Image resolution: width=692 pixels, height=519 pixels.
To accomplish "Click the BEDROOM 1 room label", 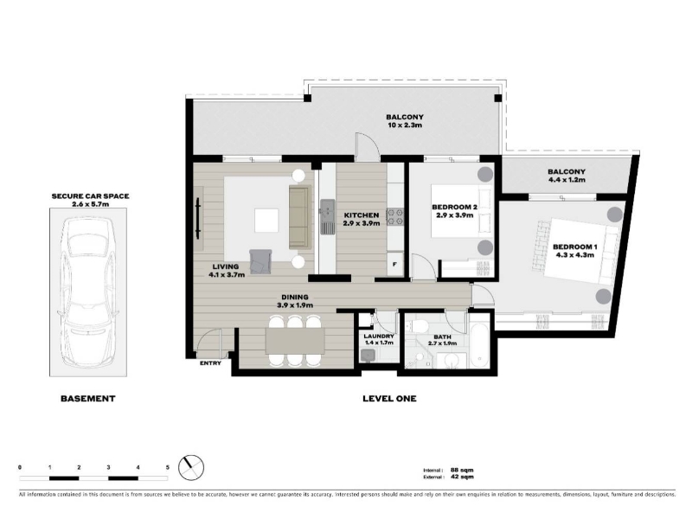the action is (x=574, y=247).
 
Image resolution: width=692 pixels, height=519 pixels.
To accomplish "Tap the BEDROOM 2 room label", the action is (x=454, y=207).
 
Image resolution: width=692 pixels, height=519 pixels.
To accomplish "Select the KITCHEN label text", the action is (x=362, y=215).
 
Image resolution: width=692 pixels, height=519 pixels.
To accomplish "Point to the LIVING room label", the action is (x=226, y=266).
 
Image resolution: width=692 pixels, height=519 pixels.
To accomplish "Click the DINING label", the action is (x=295, y=297).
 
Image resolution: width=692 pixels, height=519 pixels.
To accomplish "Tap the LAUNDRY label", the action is (x=379, y=336).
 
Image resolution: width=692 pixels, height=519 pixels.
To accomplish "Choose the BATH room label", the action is (x=442, y=336).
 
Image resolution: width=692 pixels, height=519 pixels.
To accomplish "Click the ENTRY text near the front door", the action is (x=210, y=363).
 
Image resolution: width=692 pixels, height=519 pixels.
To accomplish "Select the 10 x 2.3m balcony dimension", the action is (x=405, y=125).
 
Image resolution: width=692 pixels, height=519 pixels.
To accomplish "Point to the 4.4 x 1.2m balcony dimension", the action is (x=567, y=180).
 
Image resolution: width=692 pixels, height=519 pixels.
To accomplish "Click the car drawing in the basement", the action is (x=87, y=292).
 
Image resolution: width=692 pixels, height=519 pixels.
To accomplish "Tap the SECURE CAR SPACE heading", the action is (x=91, y=196).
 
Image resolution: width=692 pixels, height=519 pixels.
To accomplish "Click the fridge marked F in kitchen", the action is (x=395, y=264).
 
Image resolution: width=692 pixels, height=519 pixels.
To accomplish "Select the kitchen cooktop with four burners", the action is (x=395, y=217).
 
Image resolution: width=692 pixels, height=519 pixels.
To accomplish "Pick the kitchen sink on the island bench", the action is (x=327, y=216).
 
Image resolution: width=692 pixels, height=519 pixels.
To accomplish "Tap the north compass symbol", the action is (x=191, y=467).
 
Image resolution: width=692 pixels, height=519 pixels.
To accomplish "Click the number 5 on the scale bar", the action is (x=167, y=467).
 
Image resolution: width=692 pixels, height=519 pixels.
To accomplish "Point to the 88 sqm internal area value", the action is (x=462, y=470).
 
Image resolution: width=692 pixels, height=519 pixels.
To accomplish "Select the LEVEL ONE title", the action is (x=389, y=399).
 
